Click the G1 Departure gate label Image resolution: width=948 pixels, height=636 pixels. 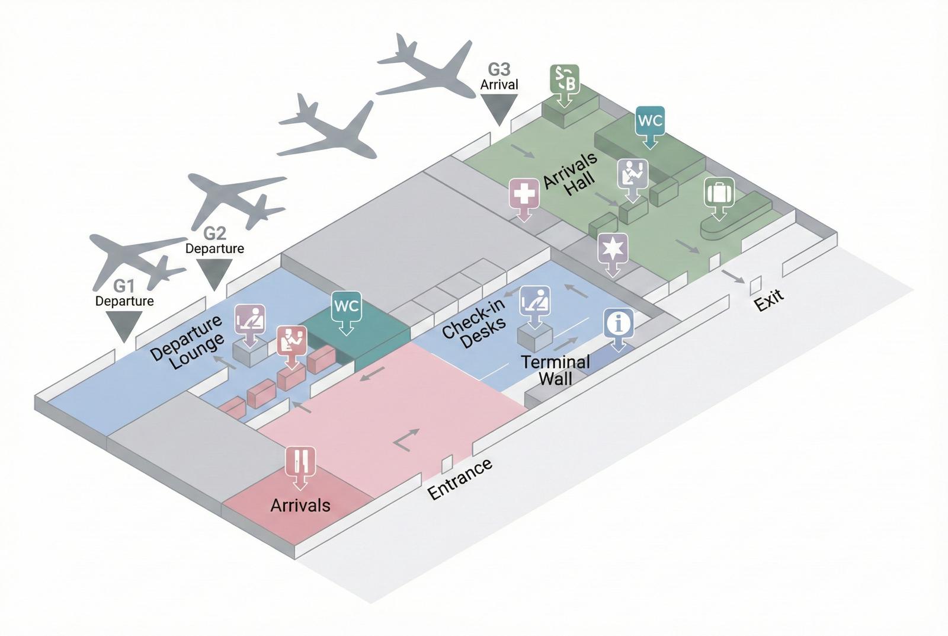[x=124, y=293]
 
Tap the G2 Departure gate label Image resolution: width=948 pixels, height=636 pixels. [x=214, y=240]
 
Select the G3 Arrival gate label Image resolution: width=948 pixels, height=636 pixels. [x=499, y=78]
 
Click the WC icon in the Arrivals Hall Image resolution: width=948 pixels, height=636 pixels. [x=650, y=122]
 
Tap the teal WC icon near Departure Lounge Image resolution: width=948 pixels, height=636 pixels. [x=347, y=307]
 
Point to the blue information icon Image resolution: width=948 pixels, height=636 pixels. [x=619, y=324]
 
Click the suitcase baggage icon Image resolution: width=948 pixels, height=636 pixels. [x=719, y=193]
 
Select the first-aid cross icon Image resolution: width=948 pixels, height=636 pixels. [x=524, y=194]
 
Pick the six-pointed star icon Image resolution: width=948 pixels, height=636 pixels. [x=613, y=248]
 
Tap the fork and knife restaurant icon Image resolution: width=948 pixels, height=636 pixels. [x=300, y=461]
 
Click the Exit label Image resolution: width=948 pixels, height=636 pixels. [x=768, y=300]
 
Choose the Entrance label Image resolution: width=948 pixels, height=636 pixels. [x=460, y=479]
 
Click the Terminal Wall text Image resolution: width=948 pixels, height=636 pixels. [x=555, y=370]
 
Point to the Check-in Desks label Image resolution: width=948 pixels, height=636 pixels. [x=474, y=324]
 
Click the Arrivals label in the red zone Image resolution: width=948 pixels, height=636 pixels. [x=300, y=505]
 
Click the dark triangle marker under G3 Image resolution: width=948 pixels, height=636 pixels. [x=499, y=108]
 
